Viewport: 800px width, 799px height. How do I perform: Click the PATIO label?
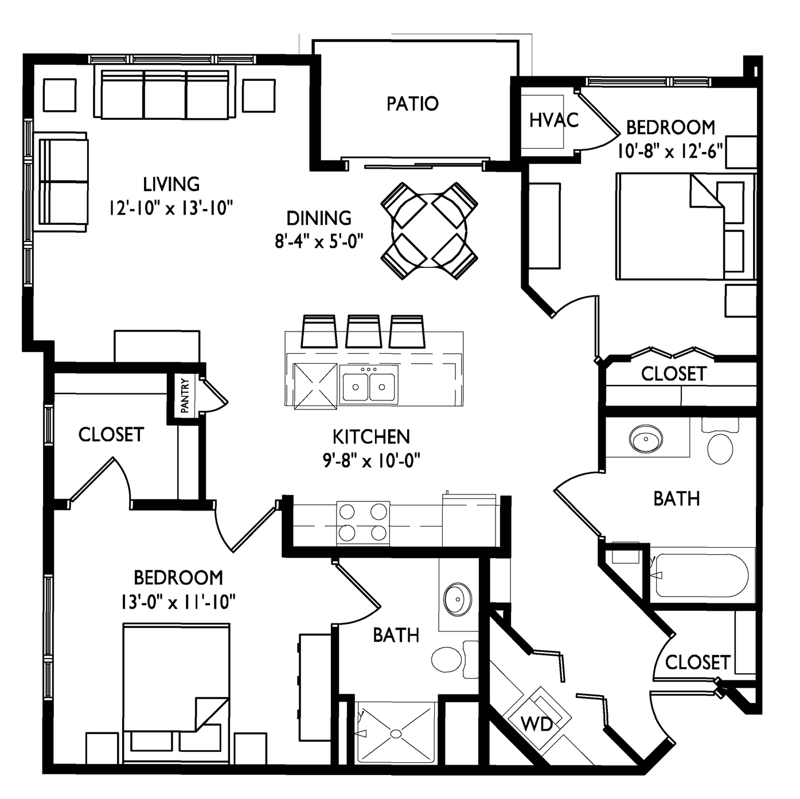pyautogui.click(x=412, y=104)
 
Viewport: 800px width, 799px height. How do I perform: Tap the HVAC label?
pyautogui.click(x=554, y=120)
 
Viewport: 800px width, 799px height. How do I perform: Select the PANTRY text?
pyautogui.click(x=185, y=395)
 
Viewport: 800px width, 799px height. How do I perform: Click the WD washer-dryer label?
pyautogui.click(x=537, y=724)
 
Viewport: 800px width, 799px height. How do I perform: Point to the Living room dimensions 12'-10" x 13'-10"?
pyautogui.click(x=171, y=208)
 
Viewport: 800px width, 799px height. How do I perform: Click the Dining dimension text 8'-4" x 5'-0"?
pyautogui.click(x=319, y=241)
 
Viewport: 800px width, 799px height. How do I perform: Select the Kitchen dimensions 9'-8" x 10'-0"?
pyautogui.click(x=372, y=460)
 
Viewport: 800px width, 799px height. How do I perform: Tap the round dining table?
pyautogui.click(x=430, y=231)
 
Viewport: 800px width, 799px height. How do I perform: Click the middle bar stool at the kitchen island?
pyautogui.click(x=363, y=331)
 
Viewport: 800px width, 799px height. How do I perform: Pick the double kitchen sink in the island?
pyautogui.click(x=368, y=384)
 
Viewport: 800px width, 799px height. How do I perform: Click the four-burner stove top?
pyautogui.click(x=363, y=523)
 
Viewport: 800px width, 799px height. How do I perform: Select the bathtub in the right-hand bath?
pyautogui.click(x=701, y=575)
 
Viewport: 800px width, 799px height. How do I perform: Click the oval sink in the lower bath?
pyautogui.click(x=458, y=599)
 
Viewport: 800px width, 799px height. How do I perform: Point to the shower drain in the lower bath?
pyautogui.click(x=396, y=734)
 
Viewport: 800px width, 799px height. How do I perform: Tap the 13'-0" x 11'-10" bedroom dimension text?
pyautogui.click(x=178, y=602)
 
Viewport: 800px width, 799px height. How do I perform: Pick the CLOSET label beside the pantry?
pyautogui.click(x=111, y=435)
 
